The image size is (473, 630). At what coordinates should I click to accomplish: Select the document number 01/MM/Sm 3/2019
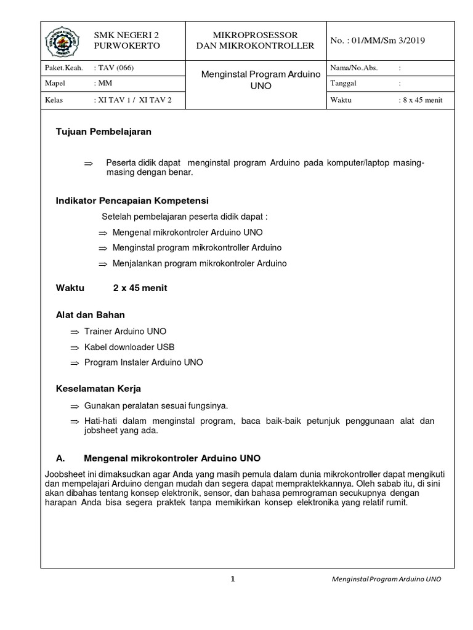[x=378, y=41]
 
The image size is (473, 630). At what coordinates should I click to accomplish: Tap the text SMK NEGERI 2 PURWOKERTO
[x=126, y=41]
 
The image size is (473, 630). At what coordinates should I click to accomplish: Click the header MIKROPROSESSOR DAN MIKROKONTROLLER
[x=255, y=41]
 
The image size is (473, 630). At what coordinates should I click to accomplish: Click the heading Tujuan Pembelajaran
[x=103, y=132]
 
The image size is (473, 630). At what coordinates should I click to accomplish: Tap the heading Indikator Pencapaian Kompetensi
[x=132, y=201]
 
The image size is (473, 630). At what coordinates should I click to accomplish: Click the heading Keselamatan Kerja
[x=99, y=389]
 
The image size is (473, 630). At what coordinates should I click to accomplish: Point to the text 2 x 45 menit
[x=140, y=288]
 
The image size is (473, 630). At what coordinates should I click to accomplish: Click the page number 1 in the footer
[x=233, y=579]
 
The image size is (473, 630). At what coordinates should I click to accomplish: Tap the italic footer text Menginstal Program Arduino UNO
[x=386, y=580]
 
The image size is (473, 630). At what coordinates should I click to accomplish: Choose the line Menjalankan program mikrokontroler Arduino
[x=200, y=263]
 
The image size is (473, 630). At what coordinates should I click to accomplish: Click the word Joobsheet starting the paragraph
[x=65, y=474]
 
